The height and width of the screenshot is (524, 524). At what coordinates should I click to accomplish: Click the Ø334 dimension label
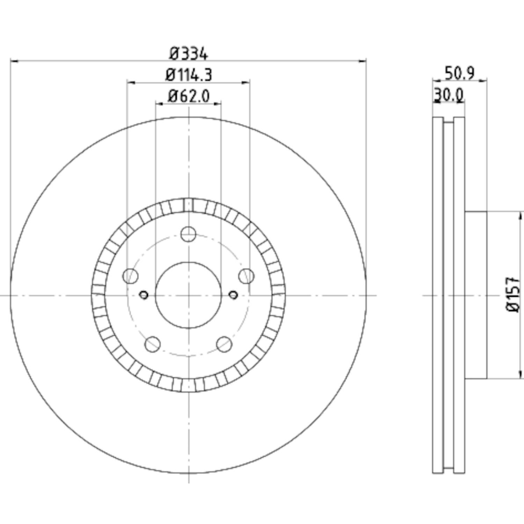(189, 54)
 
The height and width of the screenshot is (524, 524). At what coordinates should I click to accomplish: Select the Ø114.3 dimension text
(189, 75)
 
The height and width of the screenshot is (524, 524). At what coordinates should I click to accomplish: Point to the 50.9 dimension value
(459, 73)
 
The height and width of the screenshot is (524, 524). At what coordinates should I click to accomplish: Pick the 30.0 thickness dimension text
(449, 95)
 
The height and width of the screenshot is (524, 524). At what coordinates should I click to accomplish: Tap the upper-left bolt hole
(130, 276)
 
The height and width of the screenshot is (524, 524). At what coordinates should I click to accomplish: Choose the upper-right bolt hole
(247, 276)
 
